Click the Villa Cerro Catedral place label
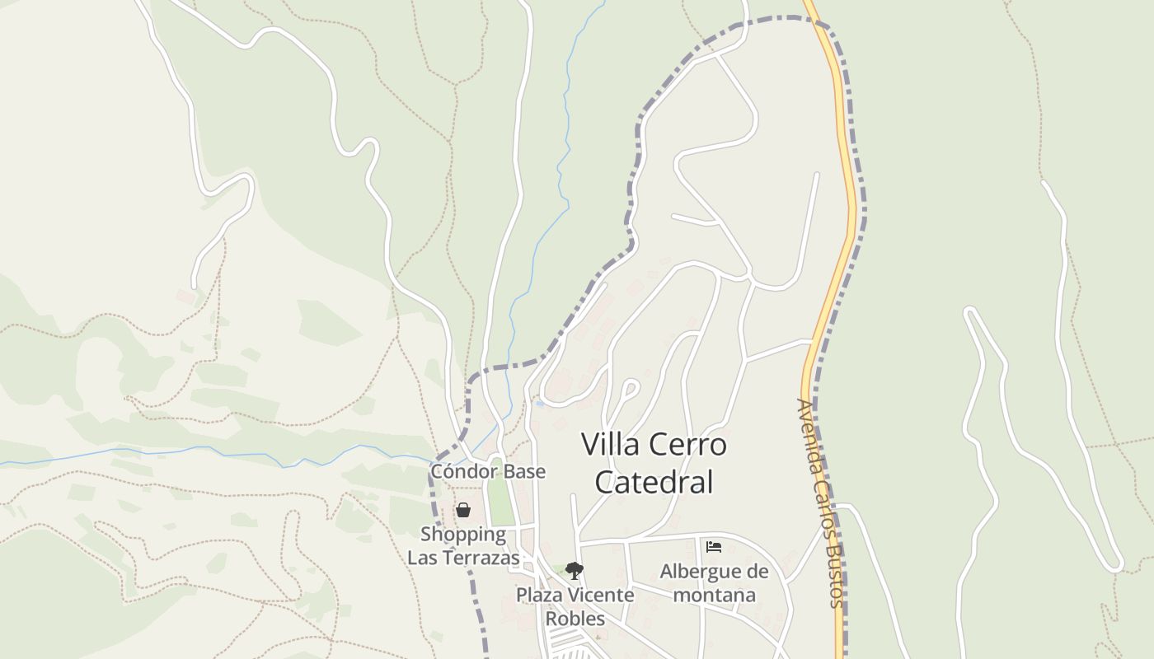[x=654, y=463]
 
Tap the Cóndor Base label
[x=488, y=471]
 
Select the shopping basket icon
[x=463, y=511]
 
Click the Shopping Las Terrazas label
[x=463, y=545]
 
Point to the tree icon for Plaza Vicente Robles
[x=575, y=571]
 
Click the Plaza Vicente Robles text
[x=575, y=606]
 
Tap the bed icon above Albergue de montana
[x=714, y=547]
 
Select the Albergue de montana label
[x=714, y=582]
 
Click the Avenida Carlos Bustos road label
[x=821, y=502]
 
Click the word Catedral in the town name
[x=654, y=482]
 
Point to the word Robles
[x=575, y=619]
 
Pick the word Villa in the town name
[x=610, y=445]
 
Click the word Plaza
[x=539, y=595]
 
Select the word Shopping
[x=463, y=534]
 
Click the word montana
[x=714, y=594]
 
